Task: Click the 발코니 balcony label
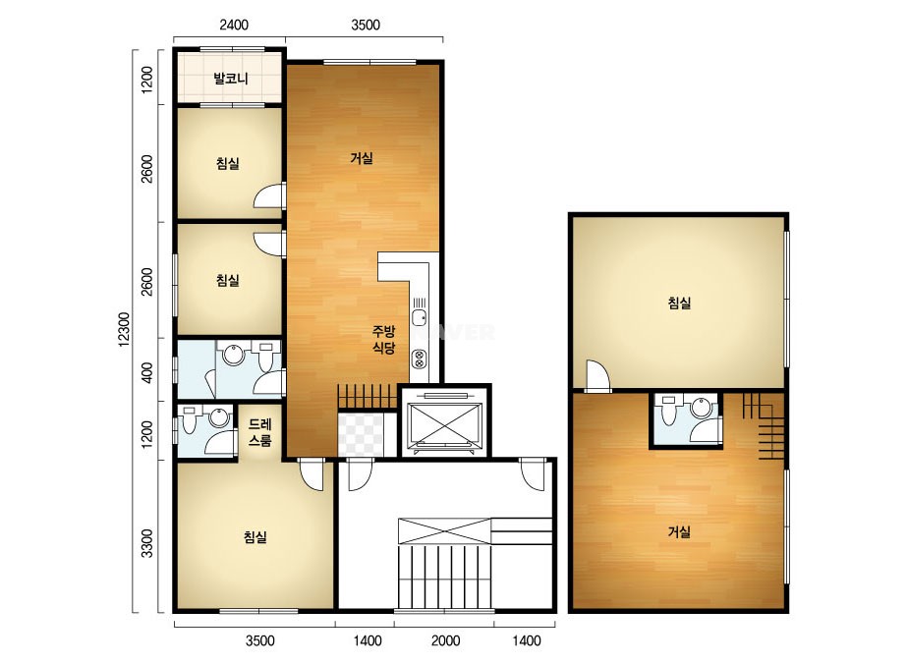[231, 78]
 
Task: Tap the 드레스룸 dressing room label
[259, 432]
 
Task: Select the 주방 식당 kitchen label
[383, 340]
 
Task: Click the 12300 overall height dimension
[125, 329]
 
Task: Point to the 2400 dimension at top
[234, 25]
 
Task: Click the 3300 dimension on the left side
[147, 543]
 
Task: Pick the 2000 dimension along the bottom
[446, 640]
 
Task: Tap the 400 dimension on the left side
[147, 372]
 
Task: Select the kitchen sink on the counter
[420, 317]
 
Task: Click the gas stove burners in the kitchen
[419, 360]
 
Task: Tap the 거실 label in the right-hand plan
[680, 531]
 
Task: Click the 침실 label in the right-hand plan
[680, 303]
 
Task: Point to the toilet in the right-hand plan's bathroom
[668, 410]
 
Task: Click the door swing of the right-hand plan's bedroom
[598, 375]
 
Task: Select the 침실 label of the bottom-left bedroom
[255, 537]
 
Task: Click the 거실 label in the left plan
[362, 158]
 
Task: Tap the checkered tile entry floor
[361, 434]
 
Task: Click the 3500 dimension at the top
[366, 25]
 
